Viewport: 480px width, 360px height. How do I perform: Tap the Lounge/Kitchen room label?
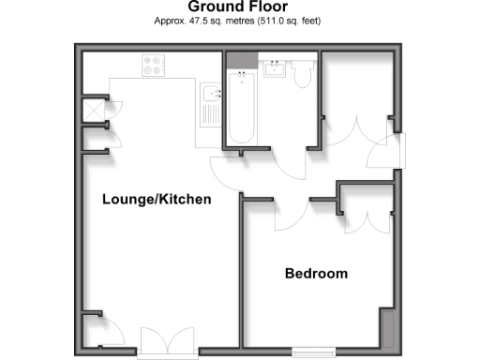pyautogui.click(x=157, y=200)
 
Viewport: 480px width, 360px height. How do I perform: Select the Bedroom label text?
pyautogui.click(x=316, y=274)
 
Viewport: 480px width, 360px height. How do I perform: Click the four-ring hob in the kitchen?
pyautogui.click(x=152, y=66)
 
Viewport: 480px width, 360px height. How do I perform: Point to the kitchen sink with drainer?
pyautogui.click(x=211, y=103)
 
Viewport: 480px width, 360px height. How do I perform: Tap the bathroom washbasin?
pyautogui.click(x=277, y=68)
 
